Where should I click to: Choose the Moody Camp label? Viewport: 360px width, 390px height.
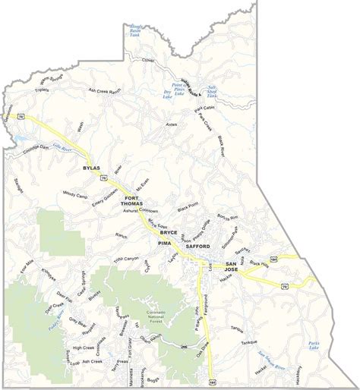click(x=77, y=193)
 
